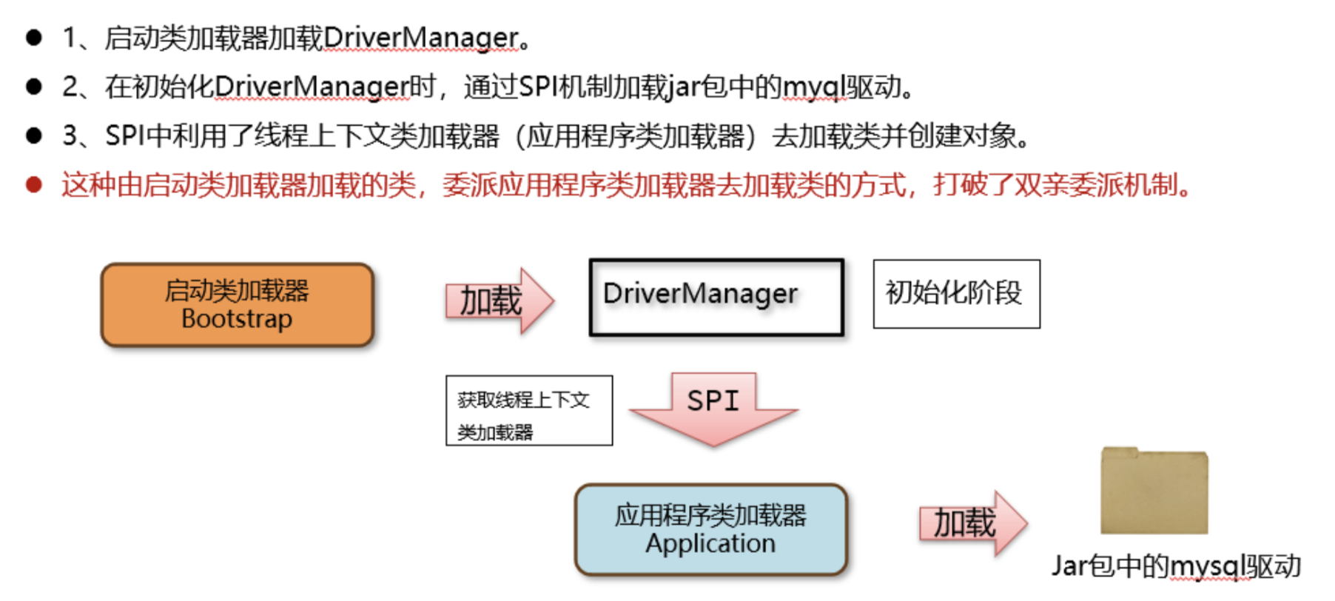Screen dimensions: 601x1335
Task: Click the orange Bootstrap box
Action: pyautogui.click(x=237, y=304)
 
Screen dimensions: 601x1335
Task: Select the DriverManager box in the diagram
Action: pyautogui.click(x=716, y=297)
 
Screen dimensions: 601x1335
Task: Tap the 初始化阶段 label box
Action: pyautogui.click(x=956, y=293)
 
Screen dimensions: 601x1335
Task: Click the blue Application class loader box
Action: pyautogui.click(x=710, y=529)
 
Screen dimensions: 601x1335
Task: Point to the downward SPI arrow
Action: pyautogui.click(x=713, y=408)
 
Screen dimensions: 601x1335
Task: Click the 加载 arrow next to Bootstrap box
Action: pyautogui.click(x=498, y=300)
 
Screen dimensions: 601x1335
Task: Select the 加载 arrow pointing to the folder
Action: pyautogui.click(x=972, y=523)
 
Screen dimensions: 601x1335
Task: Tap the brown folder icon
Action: pyautogui.click(x=1154, y=492)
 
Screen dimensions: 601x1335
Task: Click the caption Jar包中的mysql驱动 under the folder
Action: pyautogui.click(x=1176, y=566)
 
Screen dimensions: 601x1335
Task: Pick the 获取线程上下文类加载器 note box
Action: pyautogui.click(x=528, y=411)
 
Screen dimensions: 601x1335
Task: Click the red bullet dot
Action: pyautogui.click(x=34, y=184)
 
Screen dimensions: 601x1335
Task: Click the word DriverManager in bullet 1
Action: pyautogui.click(x=420, y=38)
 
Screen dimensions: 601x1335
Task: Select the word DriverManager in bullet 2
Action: pyautogui.click(x=312, y=87)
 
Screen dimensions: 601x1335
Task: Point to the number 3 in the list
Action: pyautogui.click(x=70, y=136)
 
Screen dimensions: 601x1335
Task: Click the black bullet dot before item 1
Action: pyautogui.click(x=34, y=38)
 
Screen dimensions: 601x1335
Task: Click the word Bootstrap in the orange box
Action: pyautogui.click(x=237, y=319)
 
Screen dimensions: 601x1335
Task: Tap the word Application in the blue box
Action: pyautogui.click(x=710, y=544)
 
